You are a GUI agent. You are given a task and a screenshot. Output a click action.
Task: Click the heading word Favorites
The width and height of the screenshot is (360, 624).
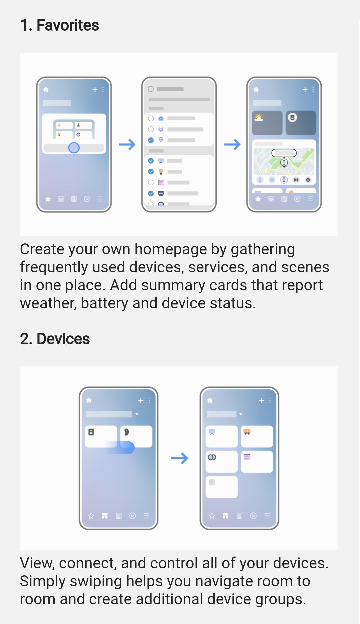click(x=68, y=25)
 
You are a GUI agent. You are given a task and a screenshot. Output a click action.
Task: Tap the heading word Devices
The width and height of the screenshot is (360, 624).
click(x=63, y=339)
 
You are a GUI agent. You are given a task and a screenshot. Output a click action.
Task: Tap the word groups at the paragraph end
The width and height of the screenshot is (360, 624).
click(x=281, y=600)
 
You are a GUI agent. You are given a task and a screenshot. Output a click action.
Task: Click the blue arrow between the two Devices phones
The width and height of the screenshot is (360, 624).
click(x=180, y=458)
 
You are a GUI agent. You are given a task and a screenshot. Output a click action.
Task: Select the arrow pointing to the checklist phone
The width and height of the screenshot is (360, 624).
click(x=127, y=144)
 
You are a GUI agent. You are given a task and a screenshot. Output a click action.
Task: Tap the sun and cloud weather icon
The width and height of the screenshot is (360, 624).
click(x=259, y=117)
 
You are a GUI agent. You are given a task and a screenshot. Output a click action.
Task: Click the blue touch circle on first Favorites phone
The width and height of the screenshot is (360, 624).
click(x=74, y=148)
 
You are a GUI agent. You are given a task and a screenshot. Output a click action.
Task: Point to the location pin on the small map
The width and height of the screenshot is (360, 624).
click(x=284, y=163)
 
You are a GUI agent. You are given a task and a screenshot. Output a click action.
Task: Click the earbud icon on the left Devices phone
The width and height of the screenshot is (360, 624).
click(x=126, y=432)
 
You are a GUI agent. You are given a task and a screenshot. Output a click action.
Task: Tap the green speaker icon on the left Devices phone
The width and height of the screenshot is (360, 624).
click(x=91, y=432)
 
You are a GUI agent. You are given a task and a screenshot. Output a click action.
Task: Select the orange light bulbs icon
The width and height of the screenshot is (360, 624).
click(x=247, y=432)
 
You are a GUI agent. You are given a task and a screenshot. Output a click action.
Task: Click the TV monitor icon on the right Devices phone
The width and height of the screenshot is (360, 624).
click(x=212, y=432)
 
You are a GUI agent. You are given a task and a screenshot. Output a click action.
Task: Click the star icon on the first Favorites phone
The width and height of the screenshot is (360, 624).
click(x=48, y=199)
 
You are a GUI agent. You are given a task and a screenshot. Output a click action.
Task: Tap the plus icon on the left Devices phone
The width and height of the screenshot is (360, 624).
click(x=141, y=400)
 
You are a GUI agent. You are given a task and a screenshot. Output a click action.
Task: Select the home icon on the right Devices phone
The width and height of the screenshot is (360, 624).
click(x=210, y=400)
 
